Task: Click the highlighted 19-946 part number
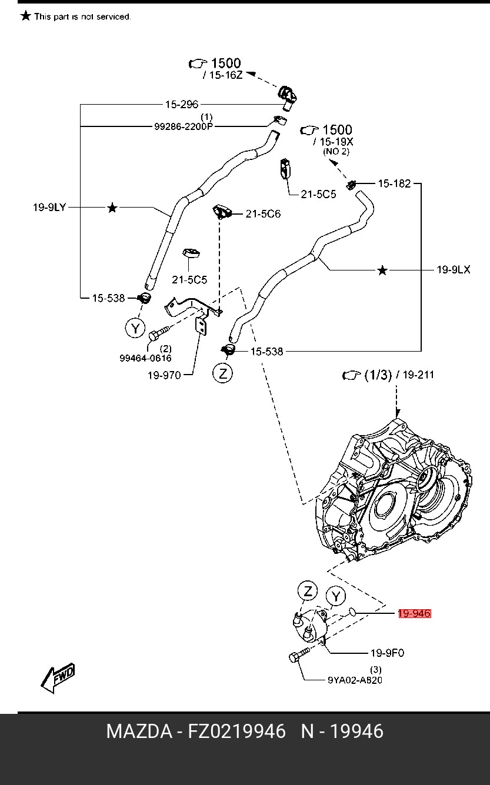click(414, 613)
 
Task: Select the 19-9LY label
click(49, 207)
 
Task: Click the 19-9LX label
click(453, 270)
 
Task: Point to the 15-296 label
click(181, 104)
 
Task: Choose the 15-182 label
click(394, 183)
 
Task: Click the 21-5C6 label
click(262, 213)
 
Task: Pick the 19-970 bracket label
click(164, 375)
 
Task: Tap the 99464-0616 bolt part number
click(145, 358)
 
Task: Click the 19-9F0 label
click(386, 653)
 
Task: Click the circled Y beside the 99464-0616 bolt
click(135, 328)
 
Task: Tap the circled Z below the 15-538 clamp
click(223, 373)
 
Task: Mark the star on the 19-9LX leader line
click(382, 270)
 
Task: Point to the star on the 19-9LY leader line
click(112, 208)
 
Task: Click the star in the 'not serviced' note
click(25, 16)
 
